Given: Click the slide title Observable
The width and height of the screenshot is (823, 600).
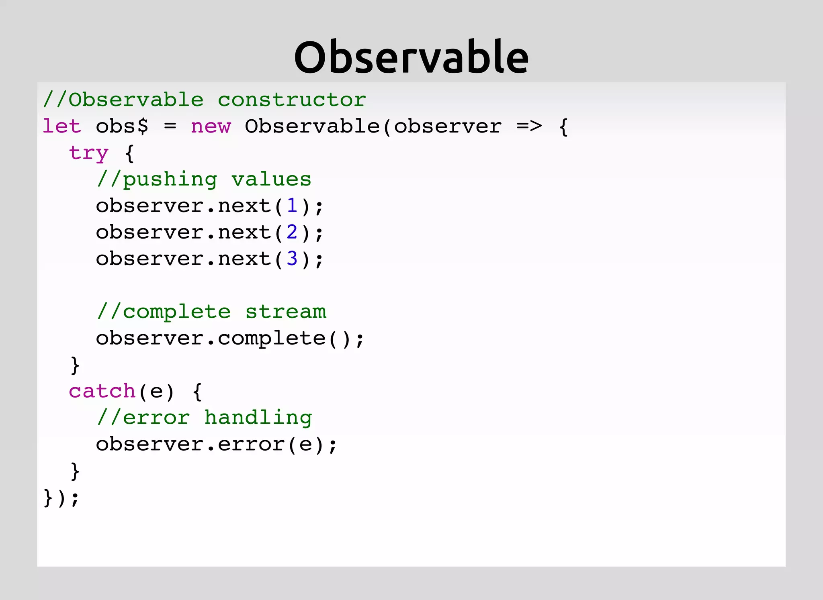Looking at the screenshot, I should coord(411,57).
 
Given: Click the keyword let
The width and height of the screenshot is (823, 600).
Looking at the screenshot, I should coord(62,126).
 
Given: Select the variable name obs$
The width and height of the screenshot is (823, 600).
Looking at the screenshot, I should coord(122,126).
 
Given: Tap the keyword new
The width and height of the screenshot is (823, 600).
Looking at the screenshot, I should coord(211,127).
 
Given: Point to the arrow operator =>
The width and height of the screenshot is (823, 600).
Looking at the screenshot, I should coord(529,126).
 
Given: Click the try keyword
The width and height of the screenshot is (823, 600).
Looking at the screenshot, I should coord(88,153).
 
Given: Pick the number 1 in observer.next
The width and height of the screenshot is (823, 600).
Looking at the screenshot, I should coord(292,206).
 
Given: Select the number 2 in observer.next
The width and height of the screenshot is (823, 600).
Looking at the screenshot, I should coord(292,232).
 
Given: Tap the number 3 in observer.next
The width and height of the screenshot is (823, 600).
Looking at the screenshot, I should coord(292,259).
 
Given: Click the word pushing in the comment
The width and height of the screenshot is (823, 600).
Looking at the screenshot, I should coord(170,180).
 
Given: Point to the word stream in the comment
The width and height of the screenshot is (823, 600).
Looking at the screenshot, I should coord(285,312).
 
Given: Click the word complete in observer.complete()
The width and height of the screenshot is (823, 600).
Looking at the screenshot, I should coord(271,338).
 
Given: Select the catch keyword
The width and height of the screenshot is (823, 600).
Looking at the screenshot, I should coord(102,391).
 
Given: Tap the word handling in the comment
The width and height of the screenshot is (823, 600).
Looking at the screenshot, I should coord(258,418).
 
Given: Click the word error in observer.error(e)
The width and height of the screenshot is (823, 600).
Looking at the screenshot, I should coord(251,444).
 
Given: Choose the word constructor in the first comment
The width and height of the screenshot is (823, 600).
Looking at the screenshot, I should coord(292,100).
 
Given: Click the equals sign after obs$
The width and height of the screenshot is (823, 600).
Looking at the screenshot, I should coord(170,126).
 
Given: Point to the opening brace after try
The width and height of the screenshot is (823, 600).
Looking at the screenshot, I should coord(129,153).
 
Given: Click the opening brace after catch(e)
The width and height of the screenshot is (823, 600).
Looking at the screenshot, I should coord(197,391).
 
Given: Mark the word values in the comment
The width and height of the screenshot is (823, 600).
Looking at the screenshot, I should coord(271,180).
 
